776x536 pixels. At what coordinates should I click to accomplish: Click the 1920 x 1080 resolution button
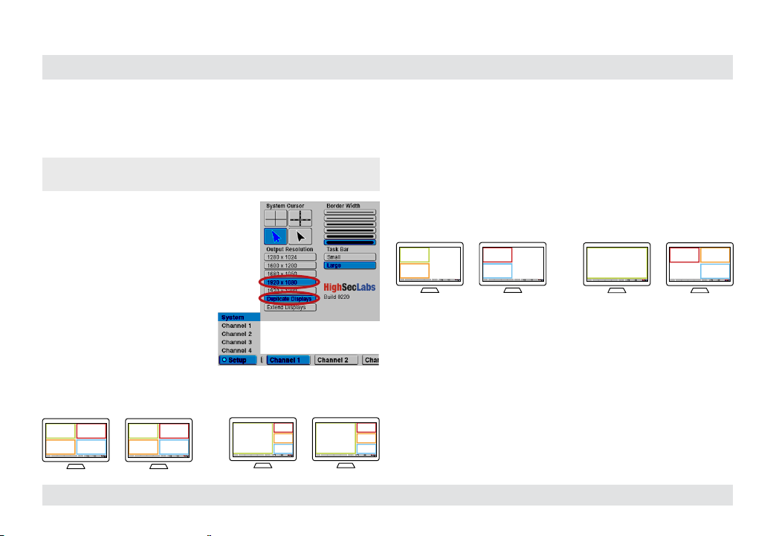pyautogui.click(x=290, y=282)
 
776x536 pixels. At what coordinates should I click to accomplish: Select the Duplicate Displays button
pyautogui.click(x=290, y=298)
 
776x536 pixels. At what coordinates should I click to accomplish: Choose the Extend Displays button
pyautogui.click(x=290, y=307)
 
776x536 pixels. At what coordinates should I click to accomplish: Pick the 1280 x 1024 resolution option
pyautogui.click(x=290, y=257)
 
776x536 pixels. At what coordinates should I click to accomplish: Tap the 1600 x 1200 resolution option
pyautogui.click(x=290, y=265)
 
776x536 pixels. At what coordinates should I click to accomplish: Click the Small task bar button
pyautogui.click(x=350, y=257)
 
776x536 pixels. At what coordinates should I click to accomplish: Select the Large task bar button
pyautogui.click(x=350, y=265)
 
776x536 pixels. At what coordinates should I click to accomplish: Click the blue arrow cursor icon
pyautogui.click(x=276, y=236)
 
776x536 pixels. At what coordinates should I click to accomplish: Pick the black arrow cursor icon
pyautogui.click(x=300, y=236)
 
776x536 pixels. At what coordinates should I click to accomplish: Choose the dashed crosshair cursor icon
pyautogui.click(x=300, y=218)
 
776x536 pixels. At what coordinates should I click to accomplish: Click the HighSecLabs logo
pyautogui.click(x=349, y=285)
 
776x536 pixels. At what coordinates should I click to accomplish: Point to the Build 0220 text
pyautogui.click(x=338, y=297)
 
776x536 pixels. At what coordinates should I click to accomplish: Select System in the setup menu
pyautogui.click(x=238, y=317)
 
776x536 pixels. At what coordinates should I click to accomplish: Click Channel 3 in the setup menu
pyautogui.click(x=238, y=342)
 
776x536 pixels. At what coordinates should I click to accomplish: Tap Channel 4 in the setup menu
pyautogui.click(x=238, y=350)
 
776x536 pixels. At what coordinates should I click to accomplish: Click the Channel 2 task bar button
pyautogui.click(x=336, y=360)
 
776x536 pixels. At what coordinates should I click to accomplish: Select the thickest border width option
pyautogui.click(x=350, y=242)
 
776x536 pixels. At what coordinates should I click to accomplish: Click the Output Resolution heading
pyautogui.click(x=290, y=249)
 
